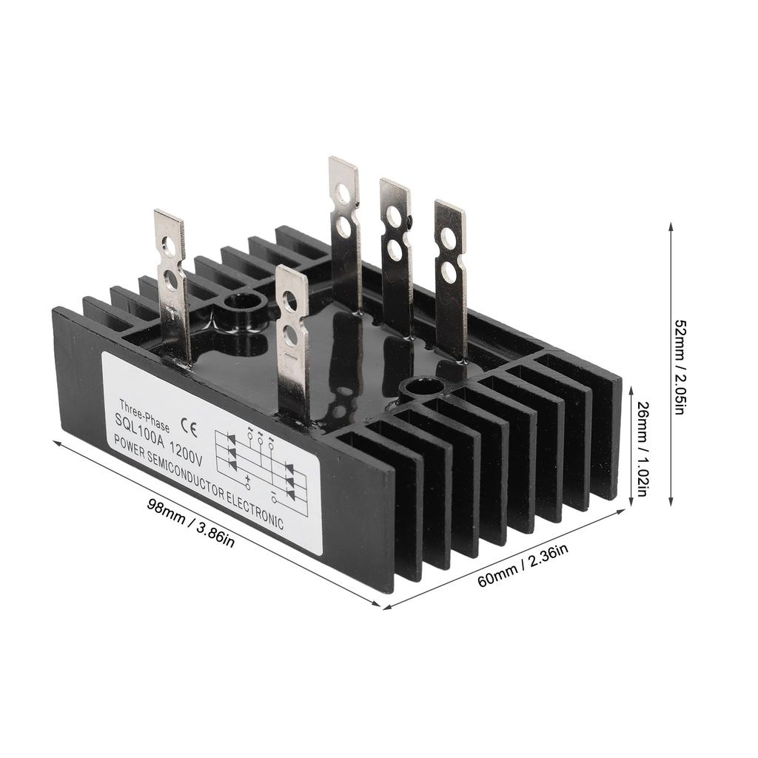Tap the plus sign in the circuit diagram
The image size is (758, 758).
pyautogui.click(x=247, y=479)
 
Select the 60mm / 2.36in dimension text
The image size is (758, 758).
pyautogui.click(x=523, y=564)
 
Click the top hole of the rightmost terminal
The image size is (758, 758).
pyautogui.click(x=448, y=238)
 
